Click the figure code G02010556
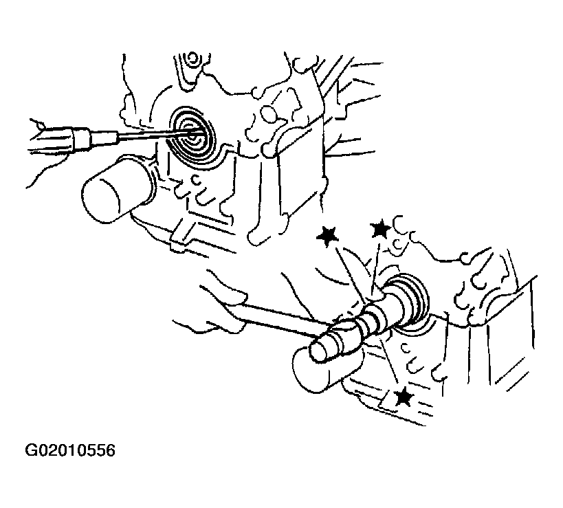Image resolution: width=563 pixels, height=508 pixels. pos(70,450)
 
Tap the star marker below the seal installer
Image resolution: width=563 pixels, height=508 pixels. pos(404,397)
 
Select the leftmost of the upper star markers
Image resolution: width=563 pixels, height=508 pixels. pos(327,236)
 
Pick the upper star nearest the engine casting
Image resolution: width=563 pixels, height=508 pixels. pos(380,230)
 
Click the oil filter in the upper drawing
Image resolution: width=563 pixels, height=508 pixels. pos(118,190)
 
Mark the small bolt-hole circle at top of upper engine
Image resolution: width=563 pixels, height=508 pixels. pos(192,58)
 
